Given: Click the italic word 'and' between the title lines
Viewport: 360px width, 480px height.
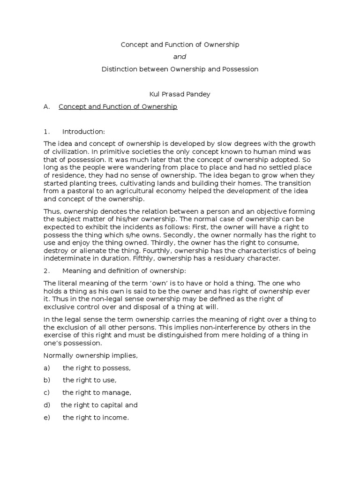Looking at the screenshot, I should click(180, 57).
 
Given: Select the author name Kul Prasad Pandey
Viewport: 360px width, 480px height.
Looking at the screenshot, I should click(180, 94).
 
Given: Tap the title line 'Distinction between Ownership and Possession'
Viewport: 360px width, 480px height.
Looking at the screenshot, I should click(180, 69).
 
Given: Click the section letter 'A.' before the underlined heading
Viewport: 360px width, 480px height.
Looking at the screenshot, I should click(46, 107).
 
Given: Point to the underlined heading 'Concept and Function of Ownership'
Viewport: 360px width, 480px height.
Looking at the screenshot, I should click(118, 107).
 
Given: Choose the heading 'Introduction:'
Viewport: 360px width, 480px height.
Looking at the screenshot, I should click(84, 132).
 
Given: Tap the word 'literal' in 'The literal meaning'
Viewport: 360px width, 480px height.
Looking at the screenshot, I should click(68, 284).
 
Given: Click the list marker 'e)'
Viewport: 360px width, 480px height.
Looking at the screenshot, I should click(47, 418).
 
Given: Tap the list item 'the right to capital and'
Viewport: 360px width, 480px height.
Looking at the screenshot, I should click(99, 405).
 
